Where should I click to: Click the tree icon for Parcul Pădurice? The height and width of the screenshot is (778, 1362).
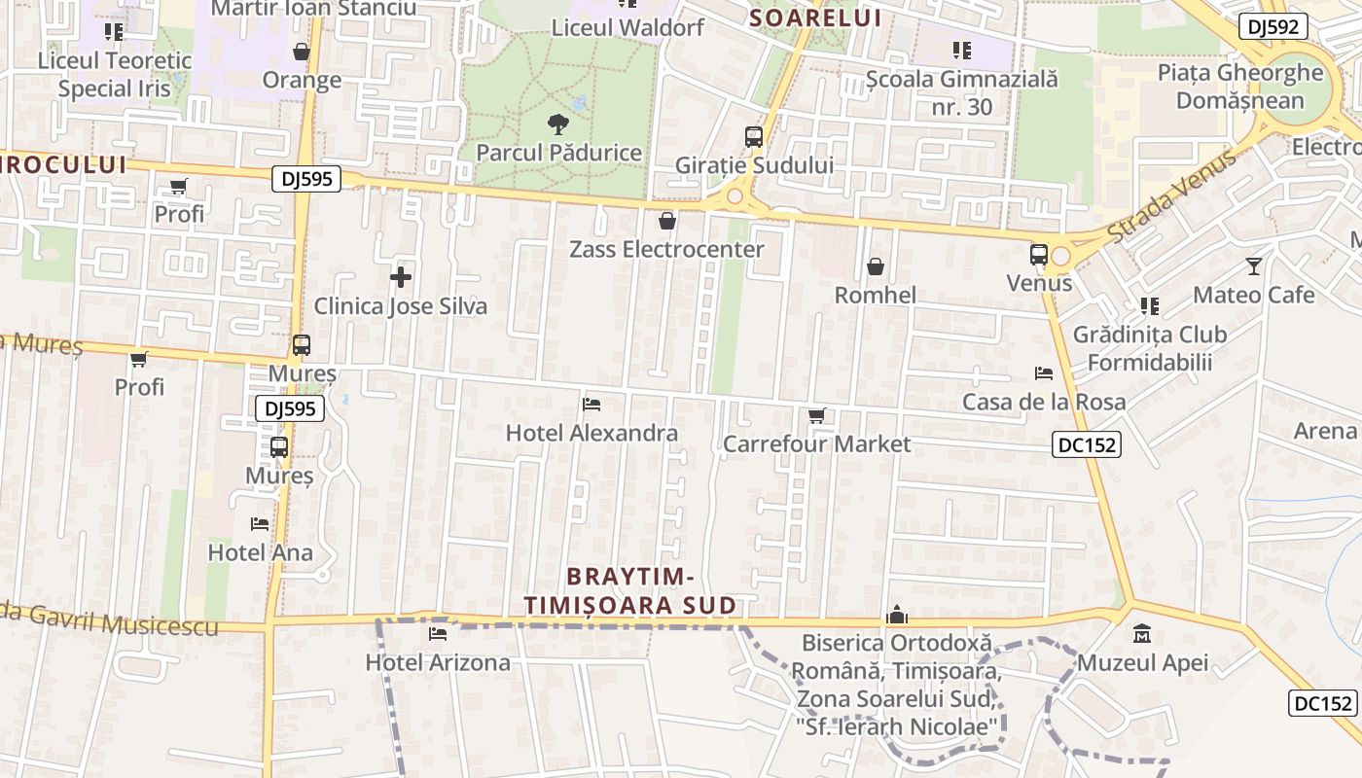pyautogui.click(x=557, y=124)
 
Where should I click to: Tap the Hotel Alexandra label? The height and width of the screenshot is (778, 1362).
pyautogui.click(x=591, y=433)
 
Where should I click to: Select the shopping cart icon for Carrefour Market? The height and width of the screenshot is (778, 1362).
pyautogui.click(x=817, y=416)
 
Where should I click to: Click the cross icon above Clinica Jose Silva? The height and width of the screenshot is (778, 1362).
pyautogui.click(x=400, y=278)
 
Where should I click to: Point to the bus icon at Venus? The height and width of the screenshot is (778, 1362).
pyautogui.click(x=1039, y=255)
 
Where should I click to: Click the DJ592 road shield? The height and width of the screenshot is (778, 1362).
pyautogui.click(x=1272, y=26)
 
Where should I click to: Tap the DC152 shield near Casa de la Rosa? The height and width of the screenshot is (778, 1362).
pyautogui.click(x=1087, y=445)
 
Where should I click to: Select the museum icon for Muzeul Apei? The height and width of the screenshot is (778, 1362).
pyautogui.click(x=1142, y=635)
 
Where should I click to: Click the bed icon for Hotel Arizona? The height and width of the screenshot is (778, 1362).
pyautogui.click(x=438, y=634)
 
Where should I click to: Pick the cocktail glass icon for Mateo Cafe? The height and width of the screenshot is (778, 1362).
pyautogui.click(x=1254, y=265)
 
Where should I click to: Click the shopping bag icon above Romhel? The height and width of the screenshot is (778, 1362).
pyautogui.click(x=876, y=266)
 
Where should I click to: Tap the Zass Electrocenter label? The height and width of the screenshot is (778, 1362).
pyautogui.click(x=666, y=249)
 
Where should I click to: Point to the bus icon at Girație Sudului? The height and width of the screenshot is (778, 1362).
pyautogui.click(x=754, y=137)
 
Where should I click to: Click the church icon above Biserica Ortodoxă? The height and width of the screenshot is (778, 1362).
pyautogui.click(x=897, y=615)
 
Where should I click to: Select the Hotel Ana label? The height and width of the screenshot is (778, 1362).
pyautogui.click(x=261, y=552)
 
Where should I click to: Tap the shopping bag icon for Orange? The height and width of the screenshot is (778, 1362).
pyautogui.click(x=302, y=52)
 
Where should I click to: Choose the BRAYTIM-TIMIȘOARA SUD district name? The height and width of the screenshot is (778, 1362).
pyautogui.click(x=629, y=590)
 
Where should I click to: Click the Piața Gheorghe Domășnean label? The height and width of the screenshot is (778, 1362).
pyautogui.click(x=1240, y=87)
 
